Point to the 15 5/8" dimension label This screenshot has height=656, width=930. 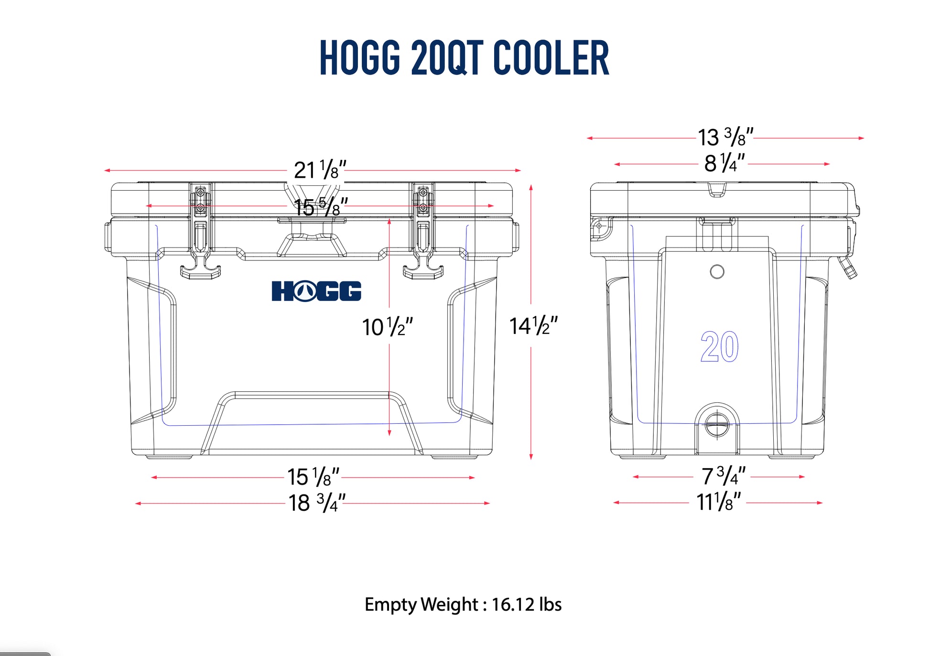click(321, 207)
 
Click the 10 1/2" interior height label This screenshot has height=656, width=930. click(387, 327)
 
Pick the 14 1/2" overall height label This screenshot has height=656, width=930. click(533, 326)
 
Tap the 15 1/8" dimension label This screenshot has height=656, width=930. click(313, 476)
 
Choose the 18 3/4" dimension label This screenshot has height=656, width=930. click(316, 503)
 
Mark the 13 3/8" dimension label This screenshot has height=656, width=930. click(725, 137)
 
